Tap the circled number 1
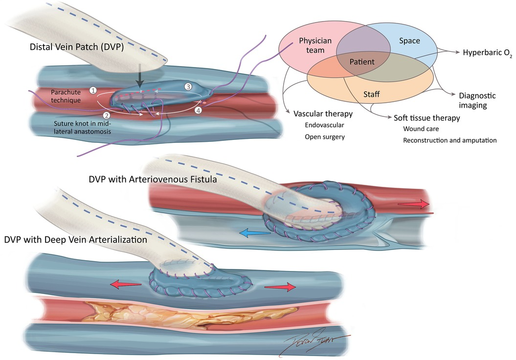pyautogui.click(x=93, y=90)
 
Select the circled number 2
pyautogui.click(x=107, y=115)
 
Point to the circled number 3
pyautogui.click(x=188, y=87)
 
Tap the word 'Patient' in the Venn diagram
pyautogui.click(x=362, y=62)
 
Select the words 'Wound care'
pyautogui.click(x=422, y=129)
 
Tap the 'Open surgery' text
pyautogui.click(x=324, y=137)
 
